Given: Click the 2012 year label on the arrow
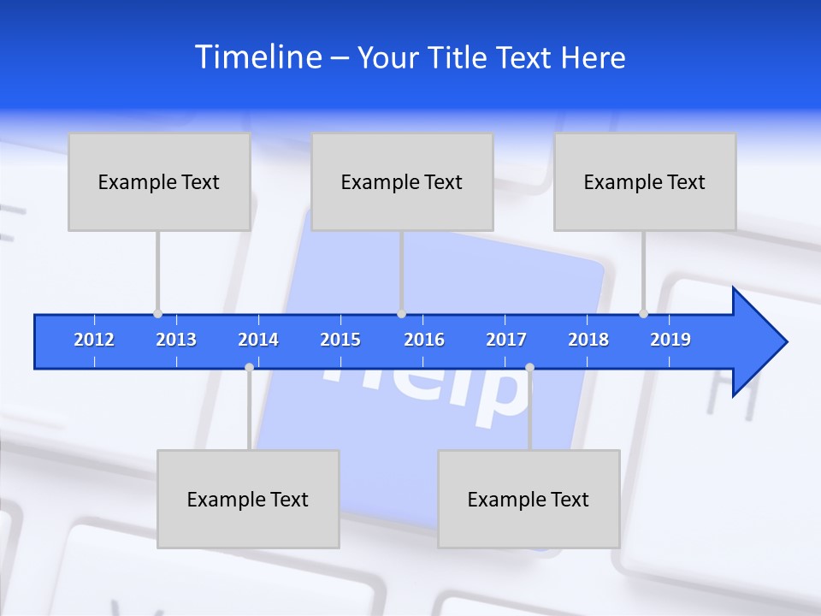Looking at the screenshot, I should point(94,340).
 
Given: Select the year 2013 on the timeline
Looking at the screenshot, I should point(176,340).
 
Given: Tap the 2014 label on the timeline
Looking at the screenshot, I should point(258,340).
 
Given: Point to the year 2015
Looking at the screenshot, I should point(340,340).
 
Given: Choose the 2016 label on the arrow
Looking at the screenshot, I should point(424,340).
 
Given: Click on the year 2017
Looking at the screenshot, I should point(506,340).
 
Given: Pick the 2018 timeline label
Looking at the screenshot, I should point(588,340).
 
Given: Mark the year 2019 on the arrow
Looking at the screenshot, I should point(670,340).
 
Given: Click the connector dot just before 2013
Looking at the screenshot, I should point(157,313).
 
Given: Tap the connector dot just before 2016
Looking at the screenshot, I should point(401,313).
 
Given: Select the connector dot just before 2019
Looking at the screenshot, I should point(643,313).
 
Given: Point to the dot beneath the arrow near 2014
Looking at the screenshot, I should point(249,367).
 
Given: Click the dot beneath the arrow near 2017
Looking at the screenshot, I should point(529,367).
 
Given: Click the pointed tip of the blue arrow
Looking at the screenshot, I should point(785,341).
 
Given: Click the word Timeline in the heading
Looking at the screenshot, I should point(257,57).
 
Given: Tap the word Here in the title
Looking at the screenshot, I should point(593,57).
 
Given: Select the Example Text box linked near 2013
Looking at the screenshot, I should point(159,181).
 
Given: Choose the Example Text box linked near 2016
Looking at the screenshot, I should point(402,181).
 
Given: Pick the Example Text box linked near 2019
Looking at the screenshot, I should point(645,181).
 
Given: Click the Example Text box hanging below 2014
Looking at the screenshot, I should point(248,499).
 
